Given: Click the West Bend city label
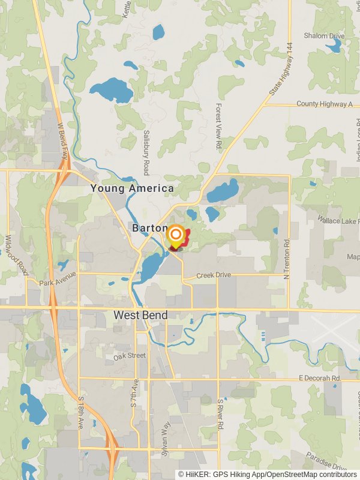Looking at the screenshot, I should [x=142, y=315].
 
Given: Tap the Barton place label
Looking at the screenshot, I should [x=147, y=228].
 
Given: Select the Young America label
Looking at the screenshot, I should [x=132, y=188].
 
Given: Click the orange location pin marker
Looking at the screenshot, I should [x=175, y=235].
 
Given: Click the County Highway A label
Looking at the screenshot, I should [x=325, y=104].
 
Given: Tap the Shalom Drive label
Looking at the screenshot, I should [x=324, y=36].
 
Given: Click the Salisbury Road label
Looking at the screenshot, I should [x=146, y=152].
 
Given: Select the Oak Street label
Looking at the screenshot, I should [x=130, y=356].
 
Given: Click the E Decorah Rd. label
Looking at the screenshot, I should [x=319, y=379].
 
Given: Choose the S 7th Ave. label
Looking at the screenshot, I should [x=136, y=393].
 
